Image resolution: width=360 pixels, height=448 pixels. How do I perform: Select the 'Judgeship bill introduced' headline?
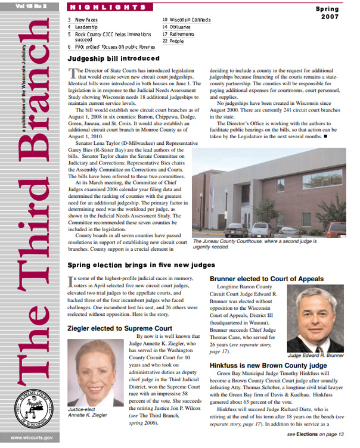point(113,59)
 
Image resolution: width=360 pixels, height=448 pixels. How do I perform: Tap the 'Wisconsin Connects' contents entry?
point(190,20)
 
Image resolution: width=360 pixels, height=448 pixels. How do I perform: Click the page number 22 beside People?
point(165,42)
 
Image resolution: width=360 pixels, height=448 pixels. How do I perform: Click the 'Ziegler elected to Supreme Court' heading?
point(120,328)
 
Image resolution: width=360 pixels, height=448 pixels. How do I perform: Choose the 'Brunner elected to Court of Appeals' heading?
point(266,279)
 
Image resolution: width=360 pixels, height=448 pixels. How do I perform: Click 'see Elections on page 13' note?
point(316,435)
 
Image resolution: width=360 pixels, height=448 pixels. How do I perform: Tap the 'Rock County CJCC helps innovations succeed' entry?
point(111,35)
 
